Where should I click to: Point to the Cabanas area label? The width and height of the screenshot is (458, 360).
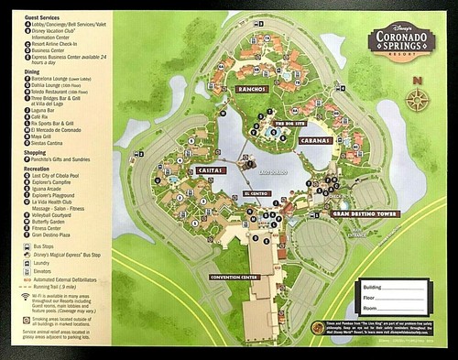[316, 140]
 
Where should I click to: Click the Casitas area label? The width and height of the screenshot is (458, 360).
[211, 171]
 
